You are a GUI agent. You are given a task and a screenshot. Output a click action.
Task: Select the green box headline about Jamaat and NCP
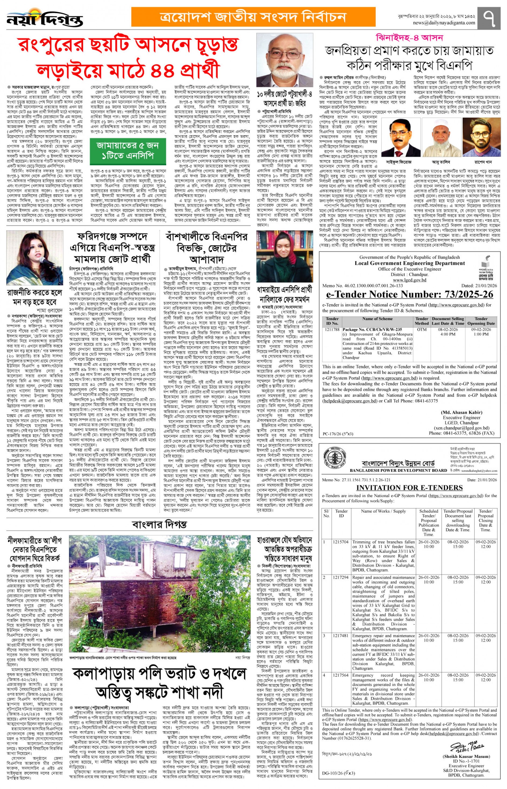click(x=128, y=151)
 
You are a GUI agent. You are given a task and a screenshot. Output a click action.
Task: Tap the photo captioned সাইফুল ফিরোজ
click(x=399, y=137)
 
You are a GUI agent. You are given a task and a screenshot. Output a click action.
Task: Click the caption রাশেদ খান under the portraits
click(x=482, y=162)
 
